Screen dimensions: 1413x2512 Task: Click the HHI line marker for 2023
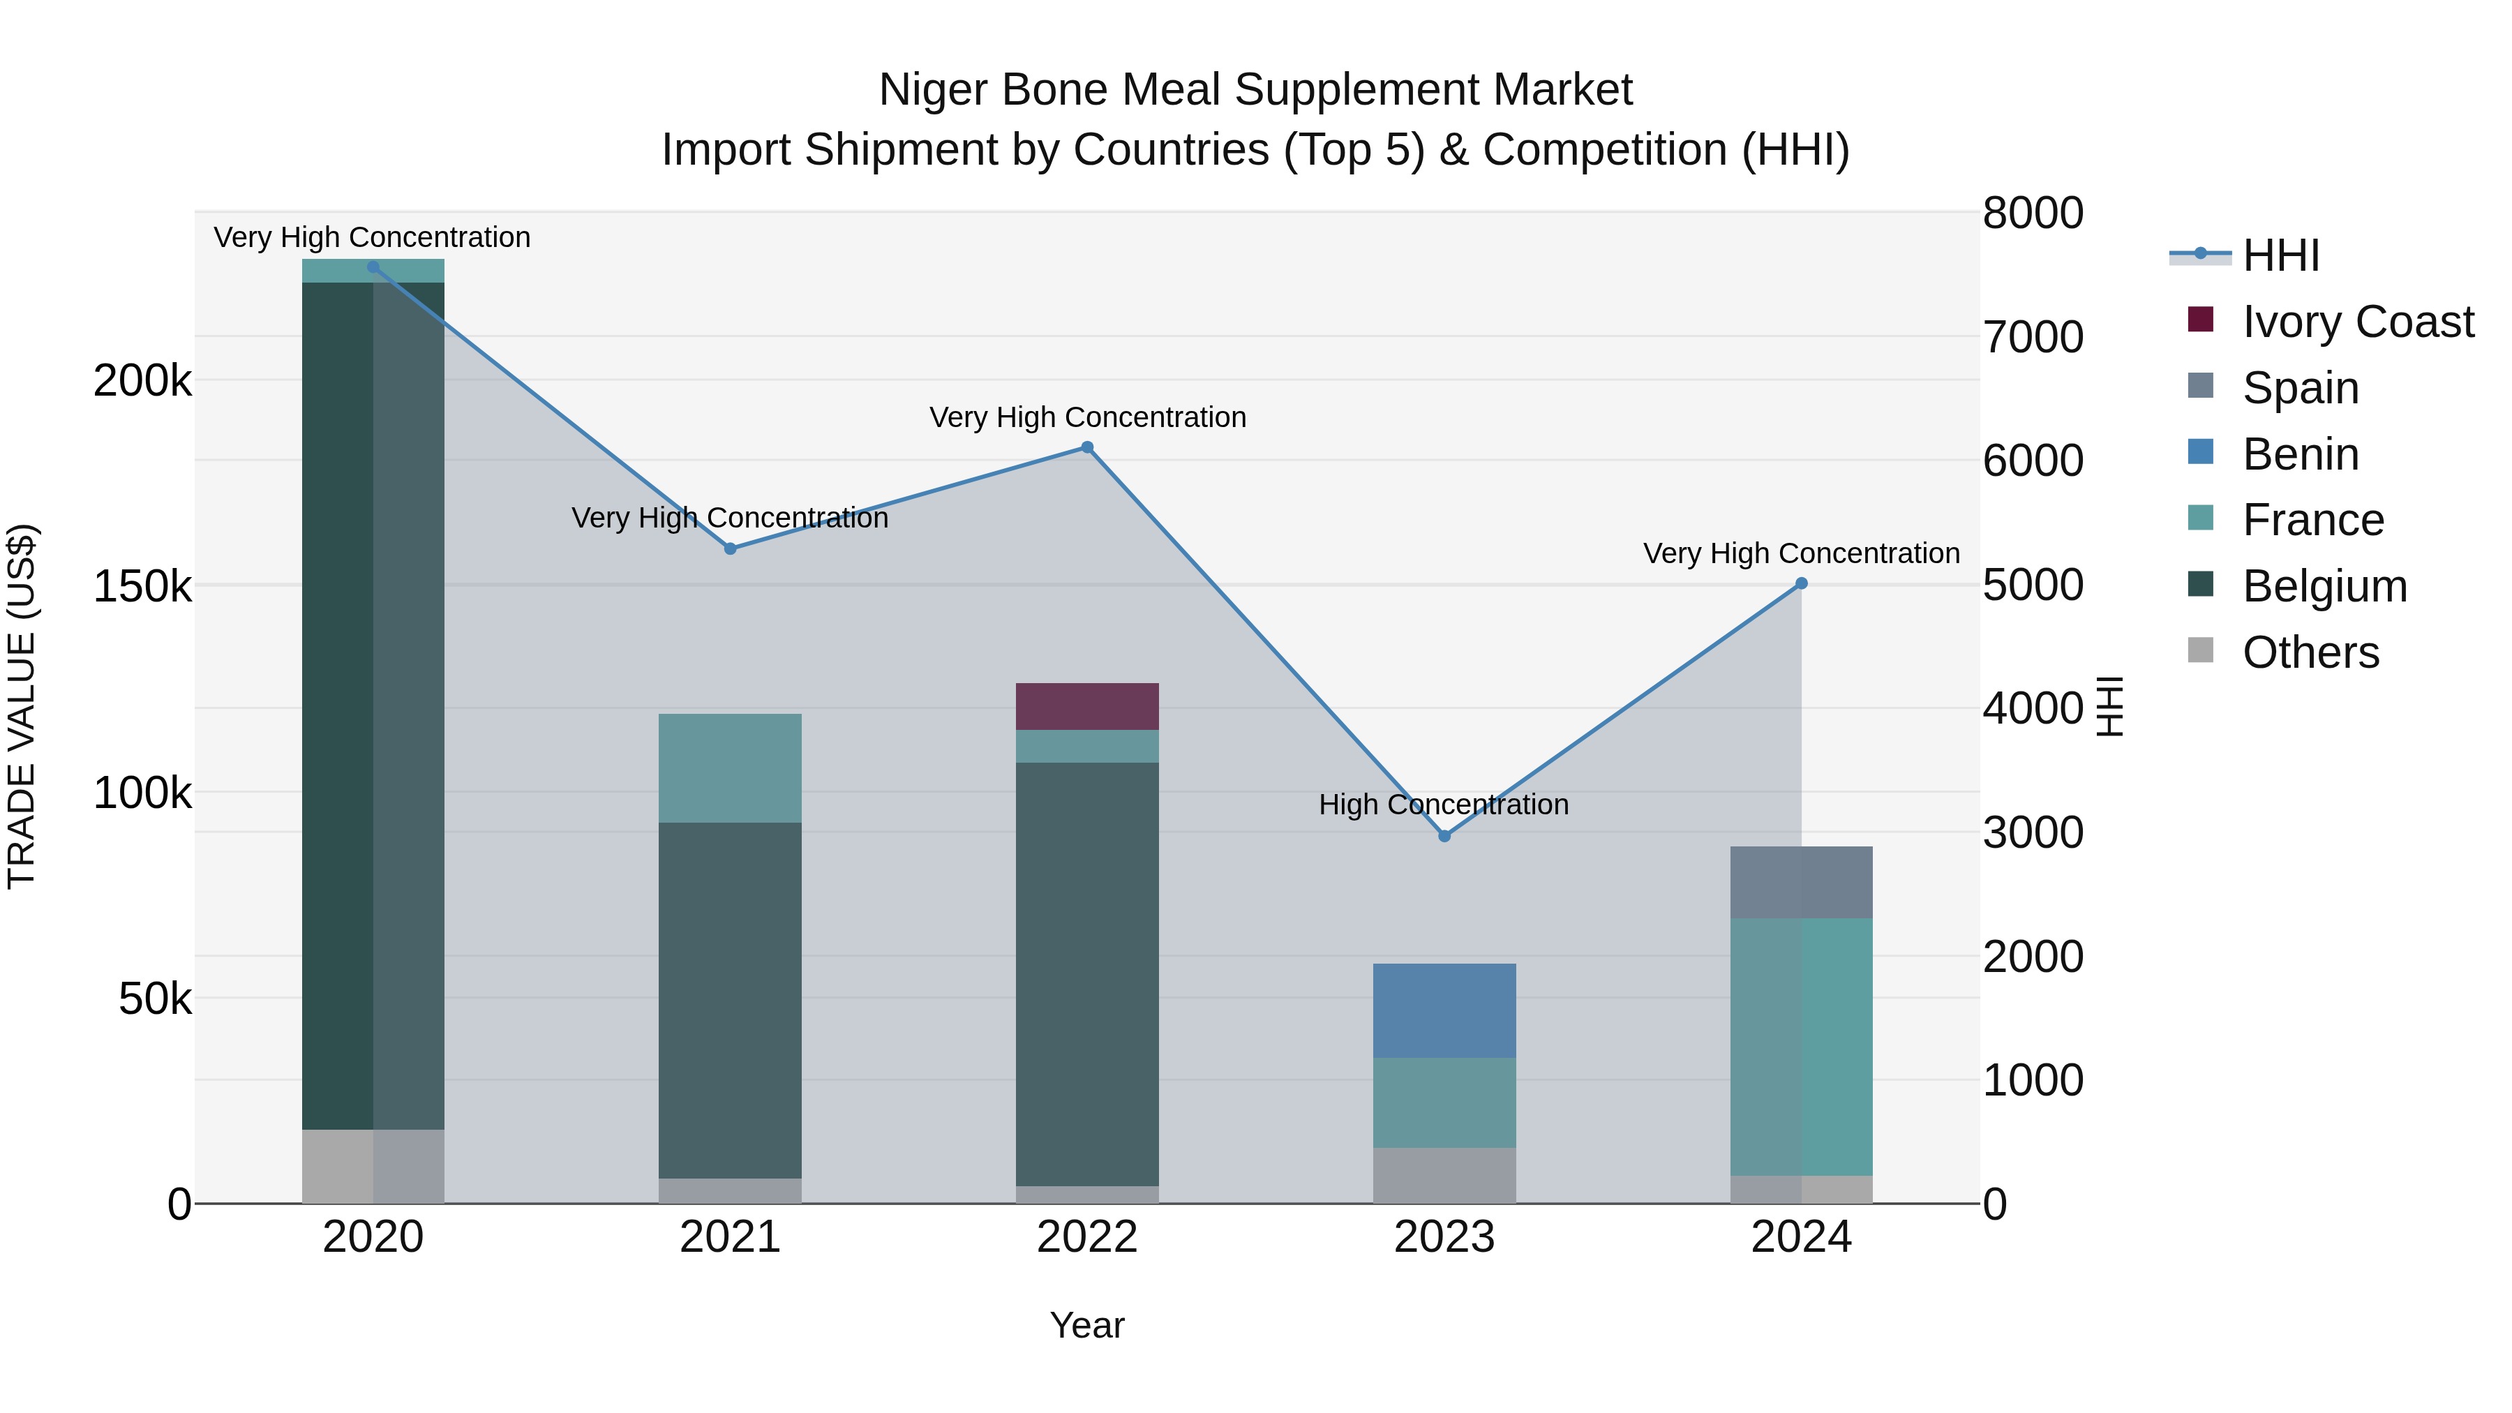pos(1444,836)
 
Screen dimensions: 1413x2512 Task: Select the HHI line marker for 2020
pos(373,267)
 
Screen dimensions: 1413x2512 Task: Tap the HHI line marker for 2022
pos(1087,447)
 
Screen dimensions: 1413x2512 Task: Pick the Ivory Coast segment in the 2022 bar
pos(1087,706)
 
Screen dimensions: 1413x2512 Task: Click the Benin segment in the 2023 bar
pos(1444,1010)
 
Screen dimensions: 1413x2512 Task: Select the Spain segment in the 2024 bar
pos(1801,881)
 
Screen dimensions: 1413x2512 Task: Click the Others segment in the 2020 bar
pos(373,1165)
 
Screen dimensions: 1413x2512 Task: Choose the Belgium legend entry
pos(2324,586)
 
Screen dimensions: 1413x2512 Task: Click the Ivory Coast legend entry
pos(2357,322)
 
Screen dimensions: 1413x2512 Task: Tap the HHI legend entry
pos(2280,255)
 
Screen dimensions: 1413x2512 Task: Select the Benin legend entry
pos(2299,454)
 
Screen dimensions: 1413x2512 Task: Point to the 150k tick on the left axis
pos(142,587)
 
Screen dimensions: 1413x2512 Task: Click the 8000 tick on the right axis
pos(2033,214)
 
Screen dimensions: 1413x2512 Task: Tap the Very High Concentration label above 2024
pos(1801,553)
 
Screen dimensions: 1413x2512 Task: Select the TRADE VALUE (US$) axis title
pos(22,706)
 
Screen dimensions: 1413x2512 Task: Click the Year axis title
pos(1087,1325)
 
